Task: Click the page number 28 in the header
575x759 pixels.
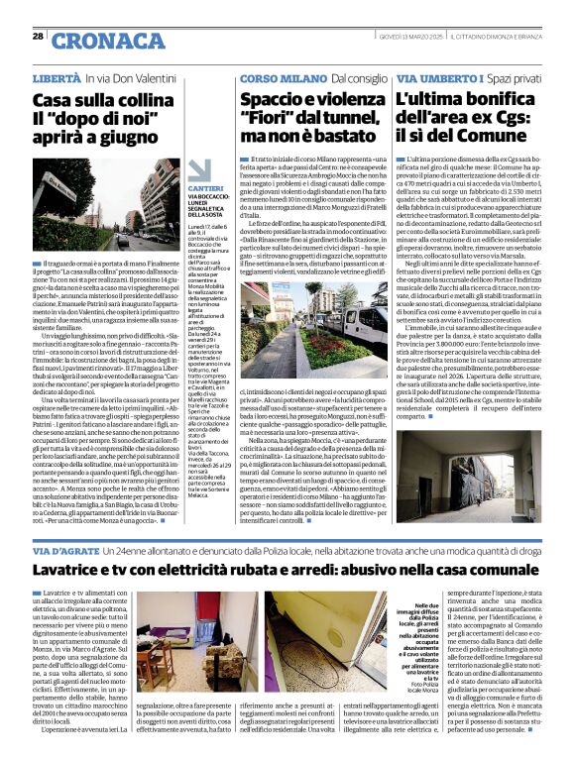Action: pos(38,36)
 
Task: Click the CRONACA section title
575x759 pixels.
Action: pos(94,41)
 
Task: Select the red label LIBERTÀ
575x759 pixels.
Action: pos(57,76)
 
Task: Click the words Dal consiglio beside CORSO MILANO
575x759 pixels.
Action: pos(358,76)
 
